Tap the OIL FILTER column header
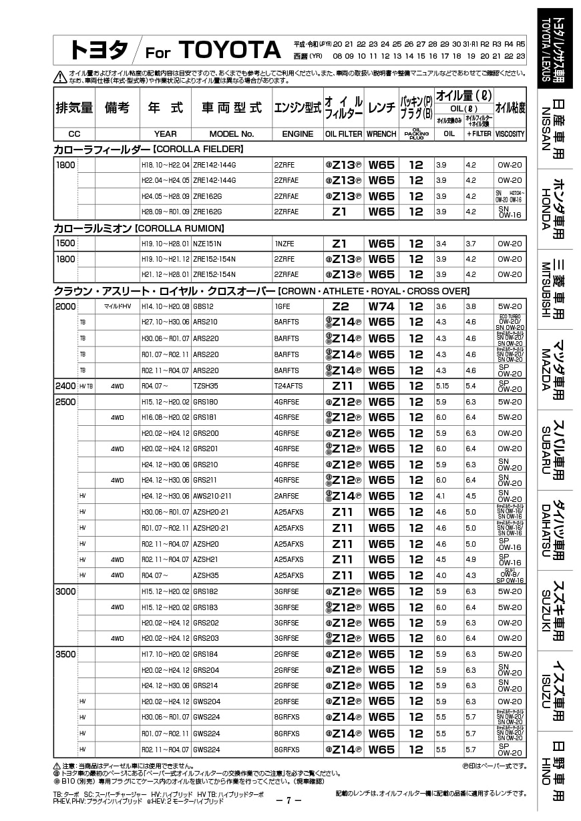click(343, 133)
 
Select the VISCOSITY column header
click(510, 133)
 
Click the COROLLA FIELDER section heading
click(148, 149)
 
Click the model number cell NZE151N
click(207, 244)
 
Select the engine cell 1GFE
click(283, 307)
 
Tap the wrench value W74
click(381, 307)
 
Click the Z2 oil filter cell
click(341, 307)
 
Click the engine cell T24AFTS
click(288, 386)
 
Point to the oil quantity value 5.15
click(442, 386)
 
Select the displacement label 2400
click(65, 386)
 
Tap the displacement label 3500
click(65, 654)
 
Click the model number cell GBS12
click(203, 307)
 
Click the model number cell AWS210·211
click(212, 496)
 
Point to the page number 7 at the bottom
click(288, 801)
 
